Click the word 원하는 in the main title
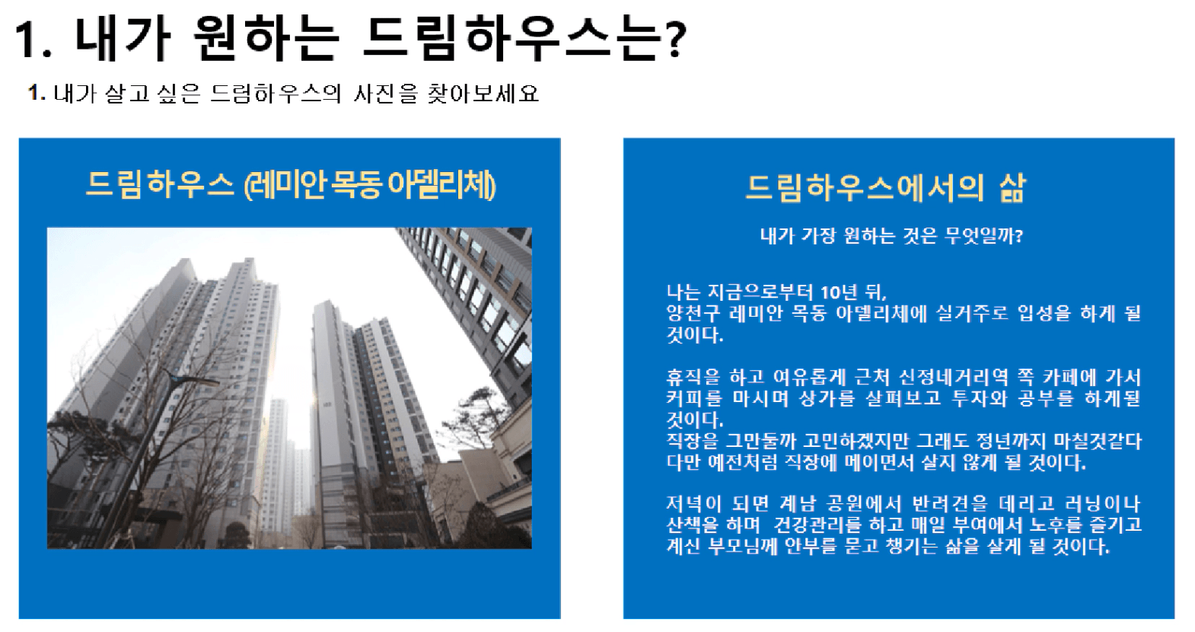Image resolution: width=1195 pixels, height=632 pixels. coord(266,38)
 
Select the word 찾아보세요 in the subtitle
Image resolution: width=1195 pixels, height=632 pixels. coord(483,94)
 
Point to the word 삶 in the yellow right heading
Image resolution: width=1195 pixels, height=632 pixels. coord(1012,188)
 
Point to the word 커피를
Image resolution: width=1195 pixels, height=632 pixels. coord(693,398)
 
